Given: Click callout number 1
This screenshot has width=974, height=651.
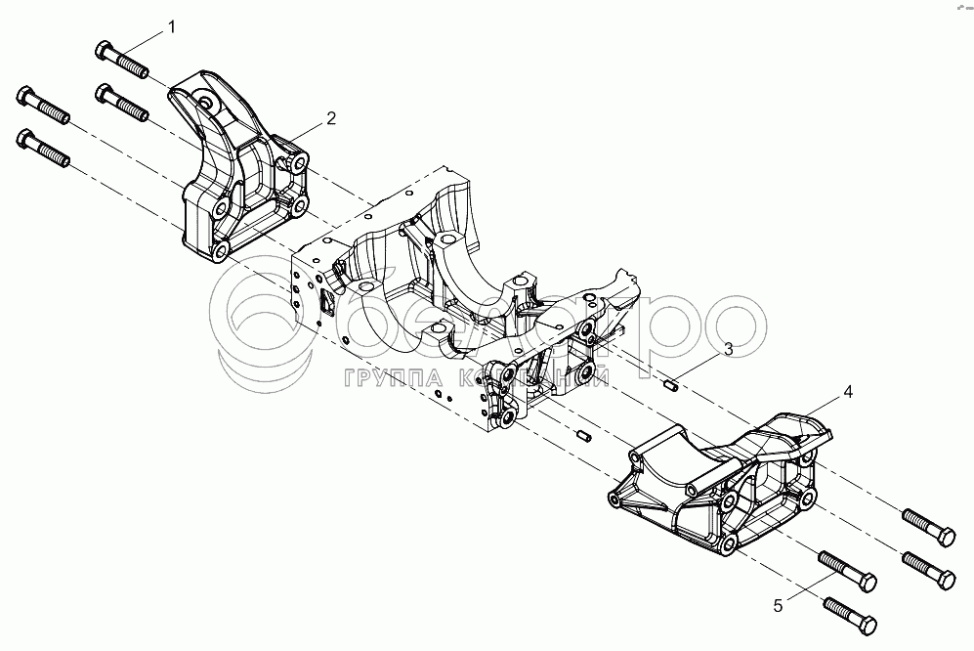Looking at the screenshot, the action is [x=172, y=27].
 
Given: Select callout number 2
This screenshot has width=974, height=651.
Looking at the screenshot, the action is [x=331, y=118].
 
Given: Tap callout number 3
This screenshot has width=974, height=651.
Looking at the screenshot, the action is [x=728, y=348].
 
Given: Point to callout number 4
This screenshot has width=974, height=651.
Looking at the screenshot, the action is [x=847, y=391].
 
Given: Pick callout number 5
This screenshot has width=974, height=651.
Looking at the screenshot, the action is [x=778, y=606].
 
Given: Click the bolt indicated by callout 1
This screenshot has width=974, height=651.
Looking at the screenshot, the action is [x=121, y=59].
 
